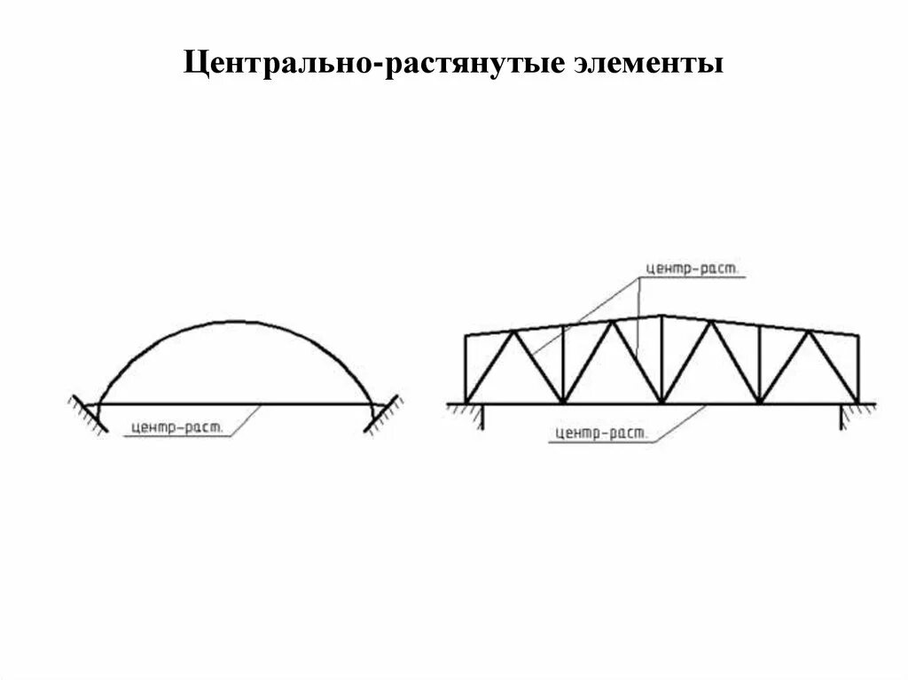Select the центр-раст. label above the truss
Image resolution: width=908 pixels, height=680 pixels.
point(692,269)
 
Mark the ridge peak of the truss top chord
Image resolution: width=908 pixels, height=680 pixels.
point(661,316)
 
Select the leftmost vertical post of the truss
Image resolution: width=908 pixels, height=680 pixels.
point(466,369)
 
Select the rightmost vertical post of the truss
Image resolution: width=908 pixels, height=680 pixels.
point(857,369)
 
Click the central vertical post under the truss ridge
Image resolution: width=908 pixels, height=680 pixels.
point(661,359)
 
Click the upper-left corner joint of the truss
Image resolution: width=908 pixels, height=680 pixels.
point(466,336)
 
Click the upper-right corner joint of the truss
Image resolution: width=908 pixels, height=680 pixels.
point(857,336)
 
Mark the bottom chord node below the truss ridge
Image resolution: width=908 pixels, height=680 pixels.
point(661,403)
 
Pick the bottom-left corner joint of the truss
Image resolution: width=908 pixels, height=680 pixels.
point(466,403)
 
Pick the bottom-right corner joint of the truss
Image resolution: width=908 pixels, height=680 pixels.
point(857,403)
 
